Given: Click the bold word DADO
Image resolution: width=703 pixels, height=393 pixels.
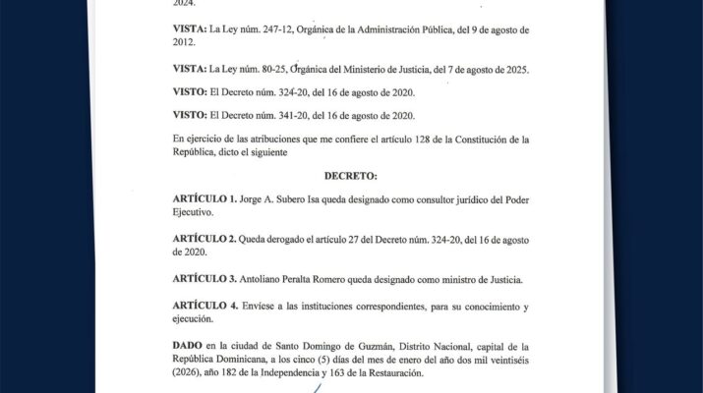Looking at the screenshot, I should point(190,347).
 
